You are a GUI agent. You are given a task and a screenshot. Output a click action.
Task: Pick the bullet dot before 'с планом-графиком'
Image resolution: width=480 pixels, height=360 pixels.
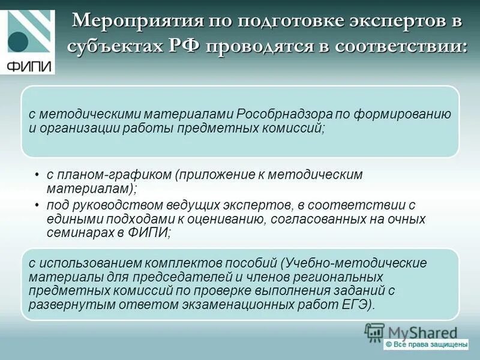pyautogui.click(x=37, y=175)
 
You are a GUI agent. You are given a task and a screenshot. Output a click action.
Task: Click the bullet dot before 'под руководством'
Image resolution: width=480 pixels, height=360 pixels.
pyautogui.click(x=37, y=205)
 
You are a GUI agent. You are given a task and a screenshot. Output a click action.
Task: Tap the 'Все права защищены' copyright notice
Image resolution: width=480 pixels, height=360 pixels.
pyautogui.click(x=426, y=344)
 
